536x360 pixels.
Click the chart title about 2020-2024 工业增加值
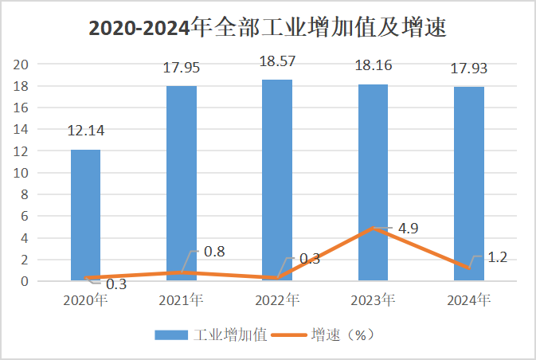pos(267,28)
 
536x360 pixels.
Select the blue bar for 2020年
pos(86,215)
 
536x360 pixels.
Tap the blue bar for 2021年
pos(182,183)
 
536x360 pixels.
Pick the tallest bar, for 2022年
pos(277,179)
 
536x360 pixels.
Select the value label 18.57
pos(277,62)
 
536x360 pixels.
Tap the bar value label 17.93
pos(468,69)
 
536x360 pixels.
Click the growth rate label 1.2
pos(497,256)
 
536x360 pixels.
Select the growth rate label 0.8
pos(214,252)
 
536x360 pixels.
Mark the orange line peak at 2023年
pos(373,228)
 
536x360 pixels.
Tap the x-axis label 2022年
pos(277,301)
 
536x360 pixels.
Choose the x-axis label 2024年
pos(468,301)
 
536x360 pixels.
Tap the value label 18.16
pos(373,66)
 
